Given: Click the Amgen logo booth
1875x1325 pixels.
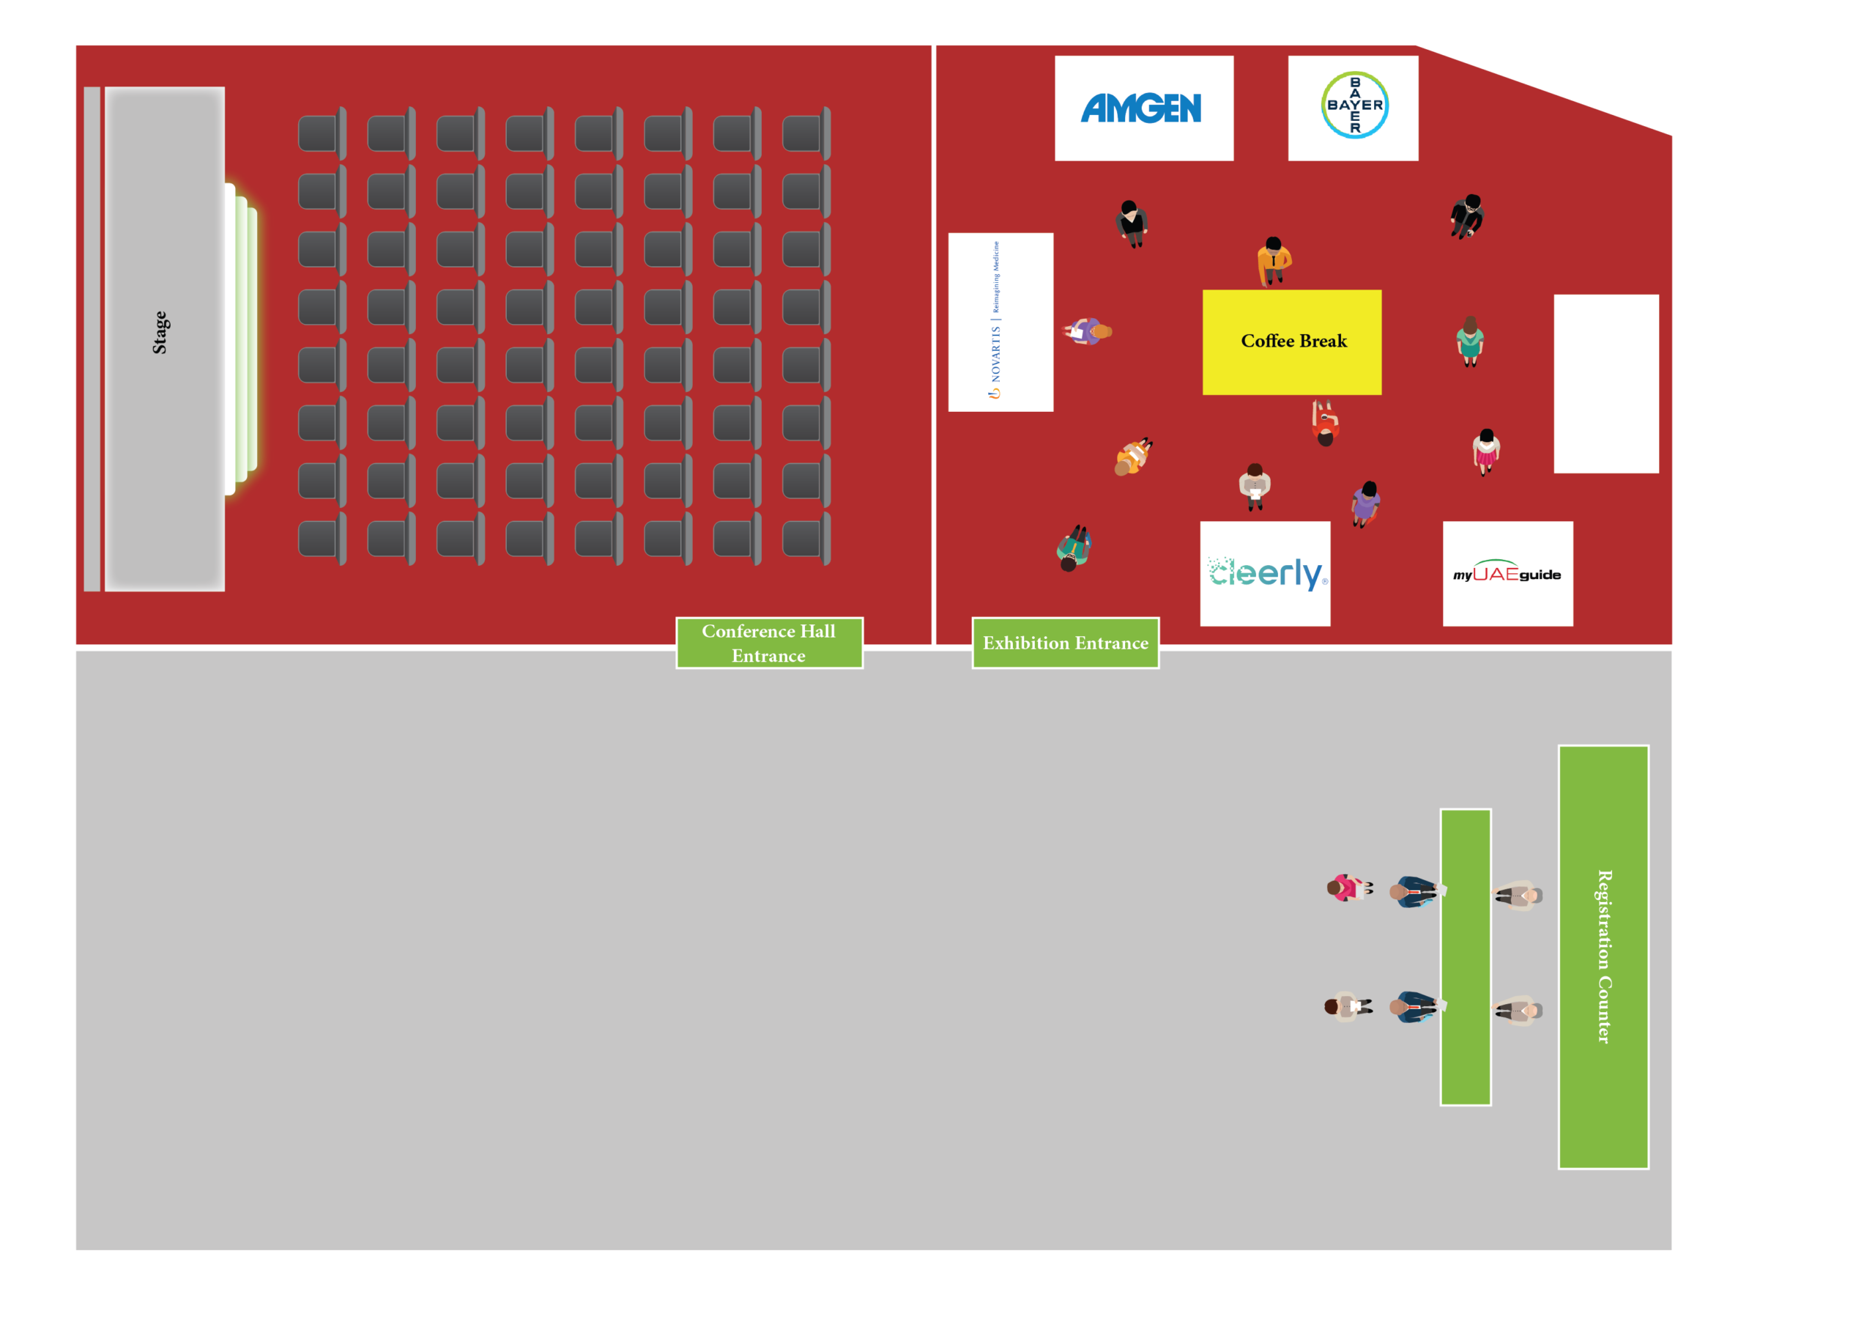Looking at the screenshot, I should (x=1143, y=108).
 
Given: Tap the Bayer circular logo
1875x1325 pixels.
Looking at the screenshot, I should (x=1354, y=106).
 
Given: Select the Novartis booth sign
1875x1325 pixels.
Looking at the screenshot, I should (x=1000, y=322).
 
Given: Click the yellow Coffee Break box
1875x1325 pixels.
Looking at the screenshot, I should (x=1292, y=342).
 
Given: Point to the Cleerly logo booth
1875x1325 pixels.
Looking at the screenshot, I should (x=1264, y=574).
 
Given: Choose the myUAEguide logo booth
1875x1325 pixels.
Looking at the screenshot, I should (x=1507, y=574).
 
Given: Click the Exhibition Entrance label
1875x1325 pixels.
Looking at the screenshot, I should (x=1065, y=643).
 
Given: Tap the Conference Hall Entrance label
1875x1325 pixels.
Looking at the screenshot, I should (x=768, y=643).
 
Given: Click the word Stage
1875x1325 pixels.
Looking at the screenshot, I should (x=161, y=333).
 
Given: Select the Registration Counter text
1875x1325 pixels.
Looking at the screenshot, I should (x=1604, y=956).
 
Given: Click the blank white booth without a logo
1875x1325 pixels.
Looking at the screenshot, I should (x=1605, y=384).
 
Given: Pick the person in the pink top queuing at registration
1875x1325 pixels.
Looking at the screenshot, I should (x=1345, y=888).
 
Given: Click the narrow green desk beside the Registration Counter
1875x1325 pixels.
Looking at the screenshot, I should (x=1465, y=956).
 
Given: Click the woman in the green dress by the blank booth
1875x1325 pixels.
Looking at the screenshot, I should (x=1470, y=341).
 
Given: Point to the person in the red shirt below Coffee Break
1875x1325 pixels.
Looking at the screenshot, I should (x=1325, y=423).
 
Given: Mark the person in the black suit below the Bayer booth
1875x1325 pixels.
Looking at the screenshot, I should (x=1468, y=215).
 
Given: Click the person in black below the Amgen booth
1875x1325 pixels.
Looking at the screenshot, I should (x=1132, y=222).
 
